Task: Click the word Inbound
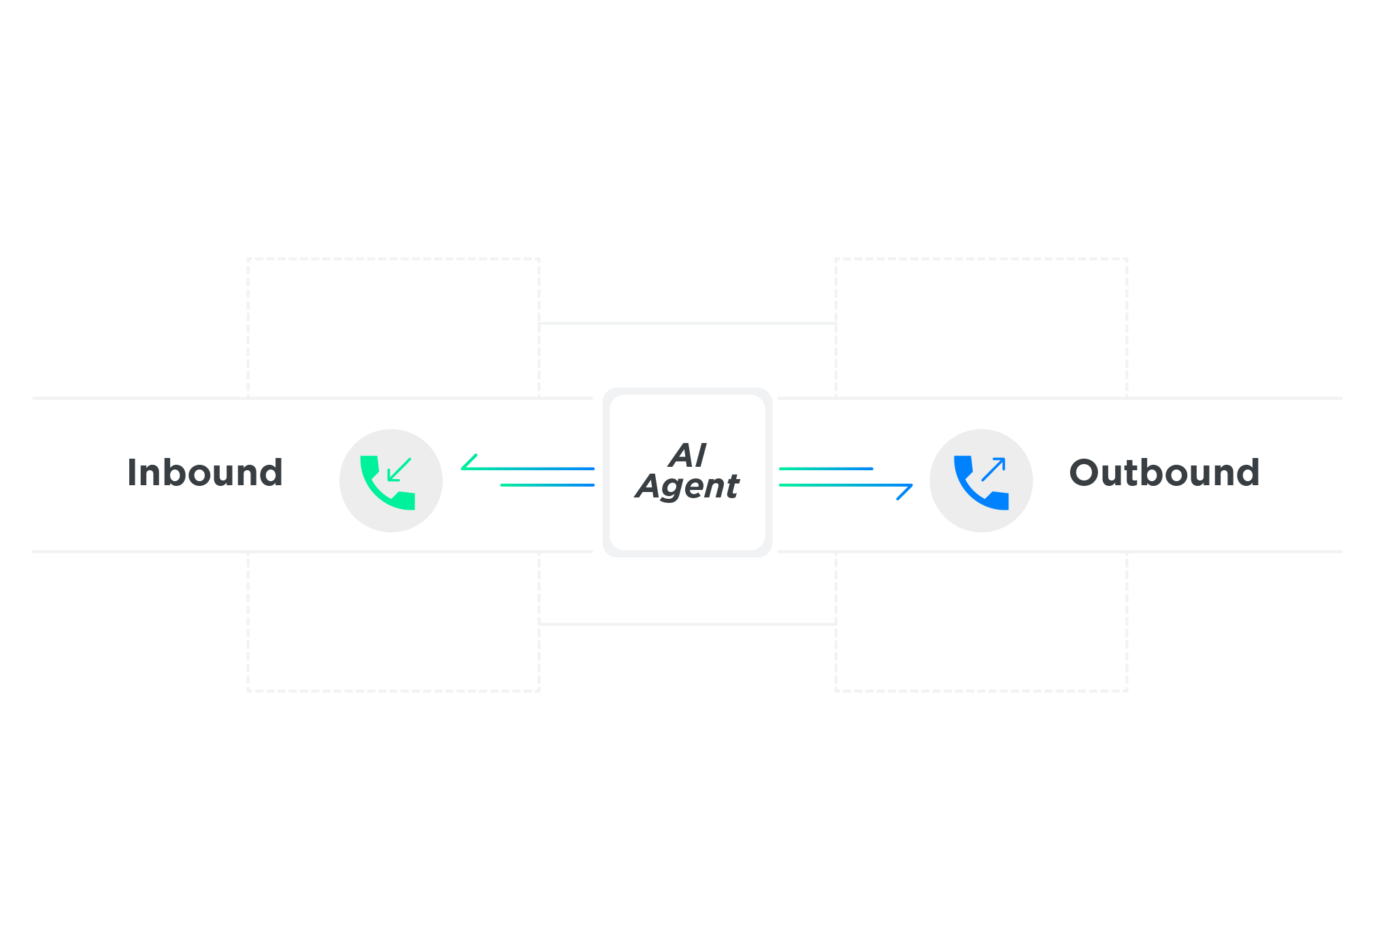pyautogui.click(x=205, y=472)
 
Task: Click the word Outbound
pyautogui.click(x=1164, y=472)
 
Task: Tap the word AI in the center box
pyautogui.click(x=687, y=455)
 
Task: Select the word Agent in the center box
pyautogui.click(x=687, y=487)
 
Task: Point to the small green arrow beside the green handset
pyautogui.click(x=399, y=470)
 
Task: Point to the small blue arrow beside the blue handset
pyautogui.click(x=993, y=470)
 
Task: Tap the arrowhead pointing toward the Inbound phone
pyautogui.click(x=469, y=463)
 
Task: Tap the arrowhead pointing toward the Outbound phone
pyautogui.click(x=905, y=491)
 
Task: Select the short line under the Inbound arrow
pyautogui.click(x=548, y=485)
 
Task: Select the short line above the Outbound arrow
pyautogui.click(x=826, y=469)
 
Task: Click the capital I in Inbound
pyautogui.click(x=132, y=472)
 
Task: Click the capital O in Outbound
pyautogui.click(x=1086, y=473)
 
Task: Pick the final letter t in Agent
pyautogui.click(x=731, y=485)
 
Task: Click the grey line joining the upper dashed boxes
pyautogui.click(x=687, y=323)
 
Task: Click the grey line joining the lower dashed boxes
pyautogui.click(x=687, y=623)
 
